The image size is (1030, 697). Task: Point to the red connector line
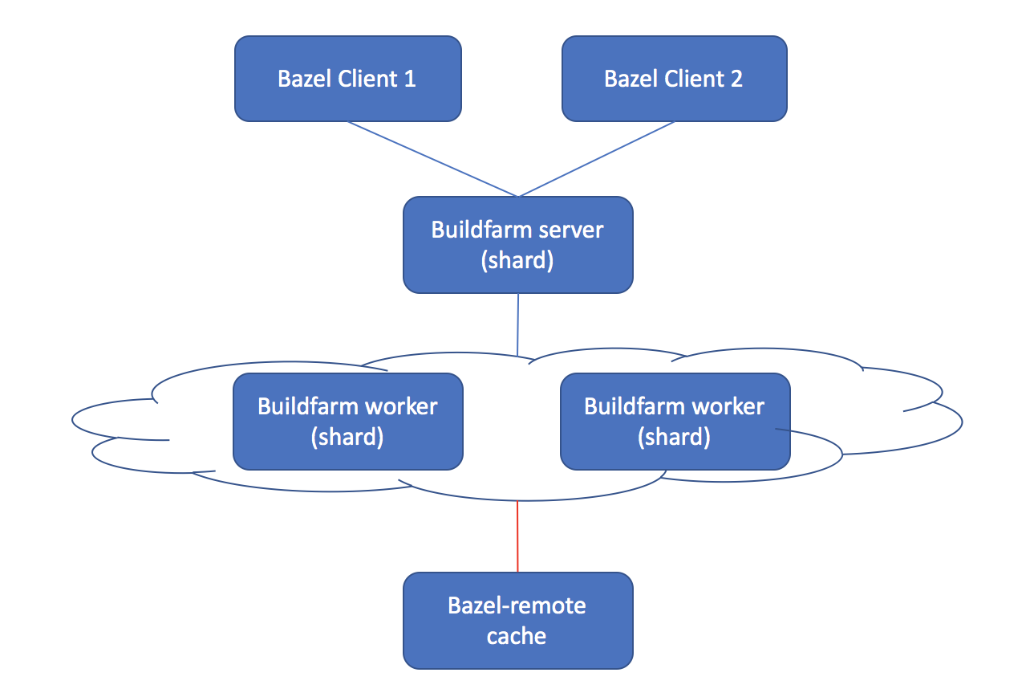(517, 536)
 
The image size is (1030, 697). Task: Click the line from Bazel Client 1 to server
(433, 158)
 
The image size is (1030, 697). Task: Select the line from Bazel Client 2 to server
(598, 158)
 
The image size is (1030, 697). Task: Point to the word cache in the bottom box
(517, 636)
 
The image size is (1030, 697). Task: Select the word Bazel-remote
(517, 605)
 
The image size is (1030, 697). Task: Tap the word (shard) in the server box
(517, 261)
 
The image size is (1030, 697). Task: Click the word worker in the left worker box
(401, 406)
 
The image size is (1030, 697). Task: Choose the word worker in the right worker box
(728, 406)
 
